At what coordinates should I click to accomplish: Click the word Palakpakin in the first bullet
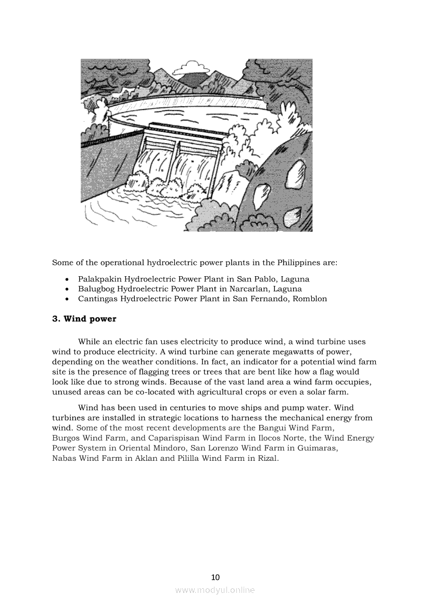click(97, 279)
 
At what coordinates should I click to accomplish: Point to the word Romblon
click(310, 299)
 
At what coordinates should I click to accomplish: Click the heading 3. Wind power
click(84, 319)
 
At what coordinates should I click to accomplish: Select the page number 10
click(216, 577)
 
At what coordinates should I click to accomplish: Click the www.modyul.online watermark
click(215, 590)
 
